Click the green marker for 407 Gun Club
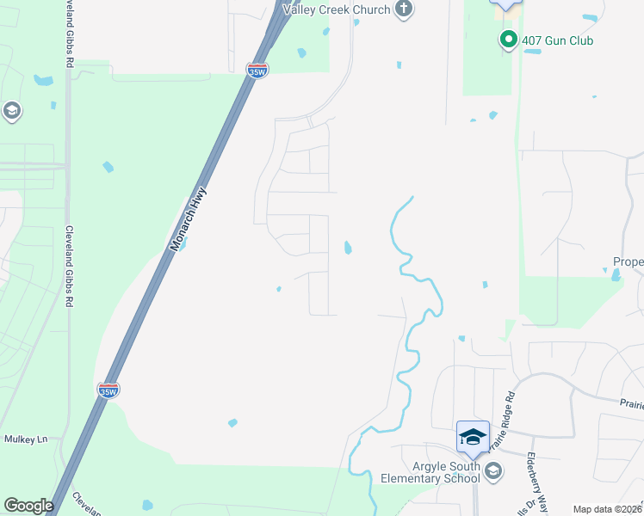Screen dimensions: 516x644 (x=508, y=40)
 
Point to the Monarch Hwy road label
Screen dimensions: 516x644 (x=189, y=218)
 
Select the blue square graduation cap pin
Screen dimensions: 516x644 (x=472, y=437)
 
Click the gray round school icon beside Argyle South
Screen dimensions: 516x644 (x=492, y=470)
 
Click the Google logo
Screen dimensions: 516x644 (x=28, y=506)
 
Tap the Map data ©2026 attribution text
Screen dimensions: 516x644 (x=607, y=509)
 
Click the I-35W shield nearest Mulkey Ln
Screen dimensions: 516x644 (x=108, y=390)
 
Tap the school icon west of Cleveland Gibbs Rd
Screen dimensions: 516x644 (x=12, y=110)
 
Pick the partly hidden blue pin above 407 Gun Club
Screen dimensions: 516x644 (x=505, y=4)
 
